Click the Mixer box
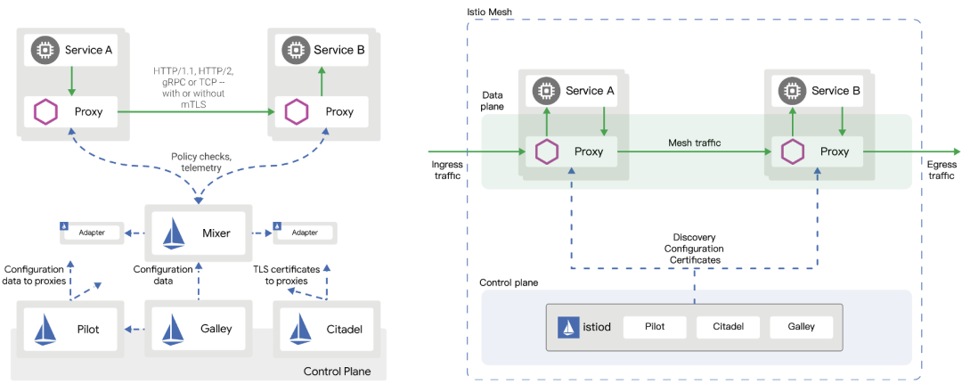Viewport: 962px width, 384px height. coord(199,233)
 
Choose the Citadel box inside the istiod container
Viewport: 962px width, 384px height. coord(728,327)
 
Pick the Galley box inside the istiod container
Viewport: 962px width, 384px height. coord(801,327)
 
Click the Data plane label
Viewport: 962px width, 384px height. coord(493,100)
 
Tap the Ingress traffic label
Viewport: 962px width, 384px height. coord(446,170)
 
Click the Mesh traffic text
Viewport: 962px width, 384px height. coord(696,143)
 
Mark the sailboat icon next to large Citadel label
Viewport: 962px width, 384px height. coord(298,329)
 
